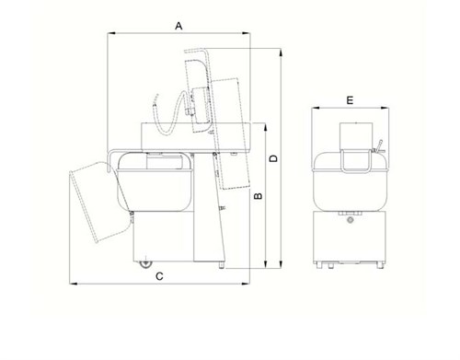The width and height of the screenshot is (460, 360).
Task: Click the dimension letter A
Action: (x=178, y=26)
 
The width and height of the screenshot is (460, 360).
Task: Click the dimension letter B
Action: (x=259, y=196)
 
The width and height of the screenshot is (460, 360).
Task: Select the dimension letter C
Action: (x=159, y=276)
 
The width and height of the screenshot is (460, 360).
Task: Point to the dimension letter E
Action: (x=350, y=100)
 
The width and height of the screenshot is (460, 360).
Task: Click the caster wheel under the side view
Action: (x=145, y=264)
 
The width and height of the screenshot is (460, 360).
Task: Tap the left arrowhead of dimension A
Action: (x=111, y=33)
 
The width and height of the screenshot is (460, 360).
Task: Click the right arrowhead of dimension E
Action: (x=385, y=108)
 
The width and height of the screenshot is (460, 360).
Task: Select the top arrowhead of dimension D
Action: (x=281, y=52)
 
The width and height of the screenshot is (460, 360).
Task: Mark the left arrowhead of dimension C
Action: (x=74, y=284)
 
